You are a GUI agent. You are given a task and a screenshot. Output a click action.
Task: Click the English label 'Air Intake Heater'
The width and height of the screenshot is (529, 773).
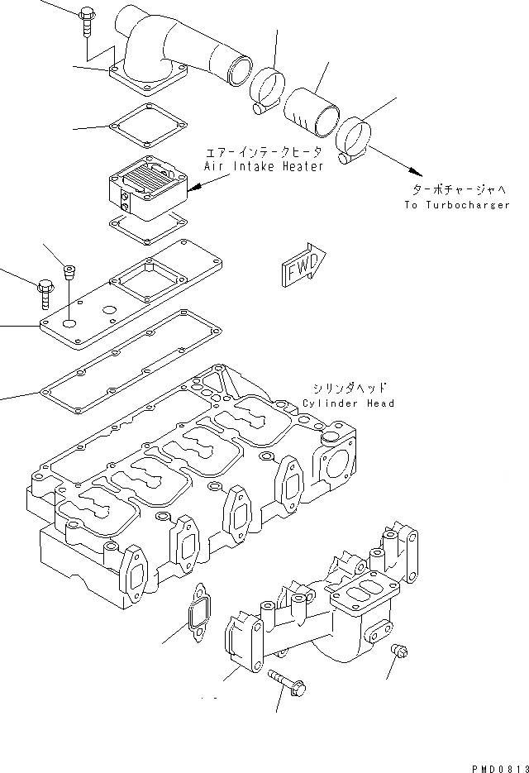[260, 165]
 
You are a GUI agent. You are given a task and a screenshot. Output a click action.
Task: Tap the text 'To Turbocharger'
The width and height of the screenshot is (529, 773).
[457, 205]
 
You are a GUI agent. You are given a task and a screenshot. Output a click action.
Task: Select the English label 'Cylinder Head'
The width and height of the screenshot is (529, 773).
[348, 403]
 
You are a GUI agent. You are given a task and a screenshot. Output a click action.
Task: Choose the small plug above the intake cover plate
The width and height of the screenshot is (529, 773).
[70, 272]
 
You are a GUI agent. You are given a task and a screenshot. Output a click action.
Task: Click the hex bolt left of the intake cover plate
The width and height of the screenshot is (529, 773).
[44, 293]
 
